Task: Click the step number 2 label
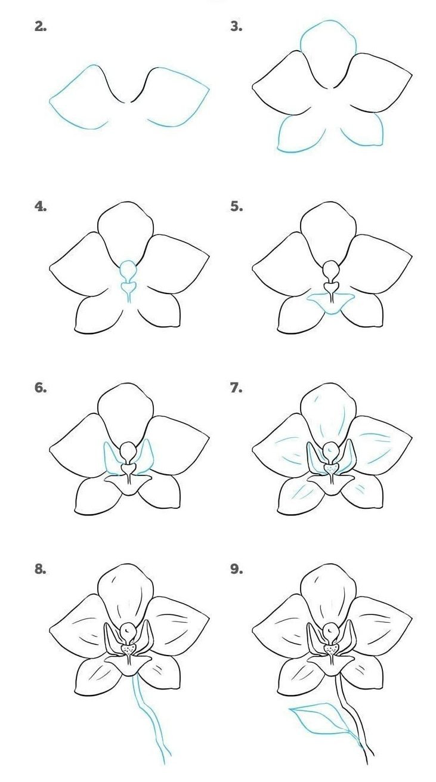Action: (x=41, y=26)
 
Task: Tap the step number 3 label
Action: (x=236, y=26)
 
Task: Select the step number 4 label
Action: (x=41, y=206)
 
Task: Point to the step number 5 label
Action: (x=236, y=206)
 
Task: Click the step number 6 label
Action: (x=41, y=388)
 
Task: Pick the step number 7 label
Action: (x=236, y=388)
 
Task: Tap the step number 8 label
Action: (x=41, y=569)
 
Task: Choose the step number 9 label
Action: (x=236, y=569)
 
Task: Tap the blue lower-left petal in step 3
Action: (x=298, y=134)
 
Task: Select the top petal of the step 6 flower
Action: (x=126, y=412)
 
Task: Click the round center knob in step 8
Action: (x=128, y=629)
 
